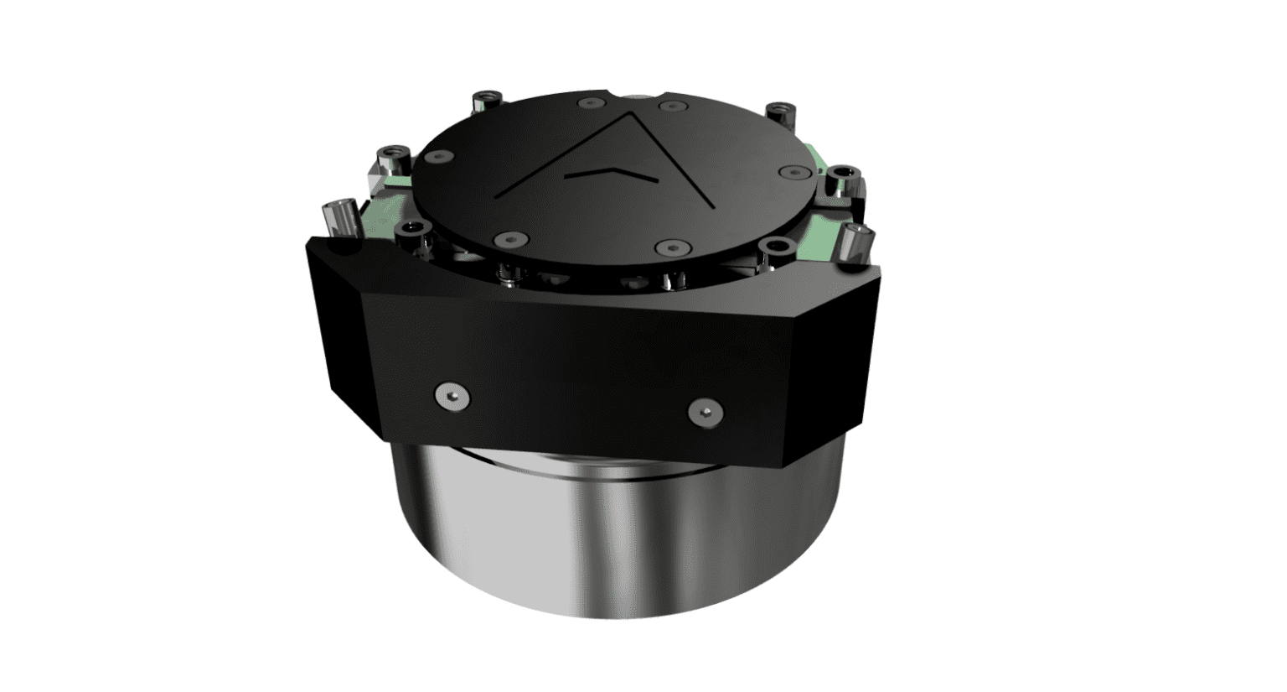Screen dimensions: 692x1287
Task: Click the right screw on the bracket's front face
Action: point(705,410)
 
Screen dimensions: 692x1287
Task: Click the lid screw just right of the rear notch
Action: point(673,107)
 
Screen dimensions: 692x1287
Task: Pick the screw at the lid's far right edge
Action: point(793,172)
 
